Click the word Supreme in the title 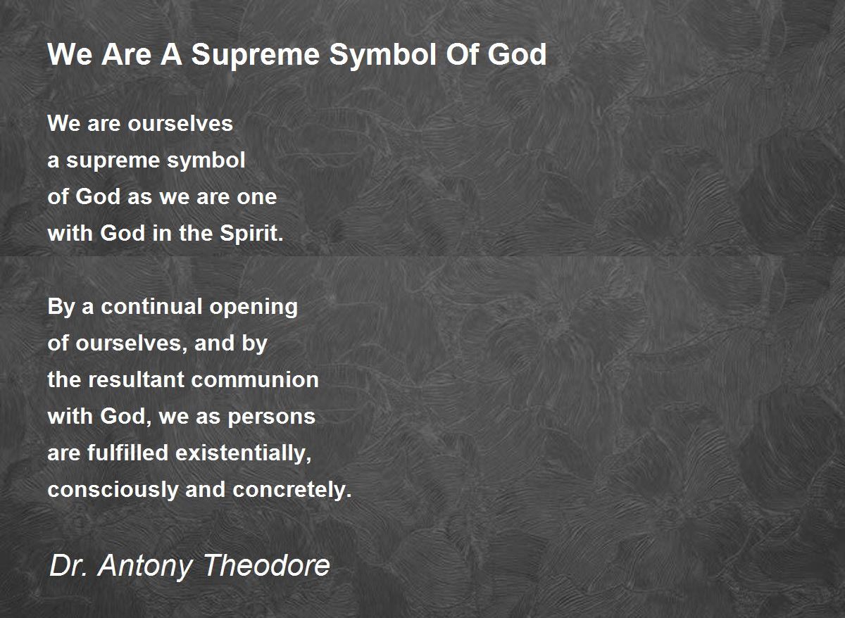[x=256, y=56]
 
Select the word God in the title [x=517, y=54]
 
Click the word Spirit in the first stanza [x=251, y=234]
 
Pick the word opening [x=254, y=308]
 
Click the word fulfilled [x=127, y=453]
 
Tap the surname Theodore [x=267, y=565]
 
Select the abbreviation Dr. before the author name [x=68, y=565]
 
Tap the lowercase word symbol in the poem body [x=206, y=161]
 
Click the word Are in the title [x=126, y=55]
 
